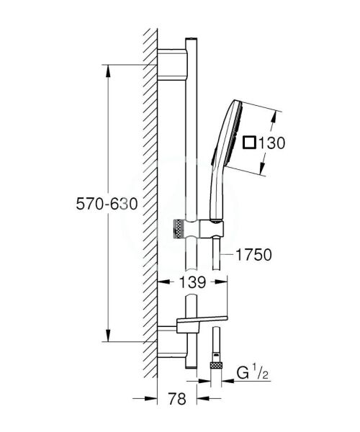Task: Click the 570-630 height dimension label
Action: click(x=107, y=204)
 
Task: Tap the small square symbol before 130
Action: click(x=249, y=143)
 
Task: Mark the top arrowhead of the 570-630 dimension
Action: click(x=108, y=69)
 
